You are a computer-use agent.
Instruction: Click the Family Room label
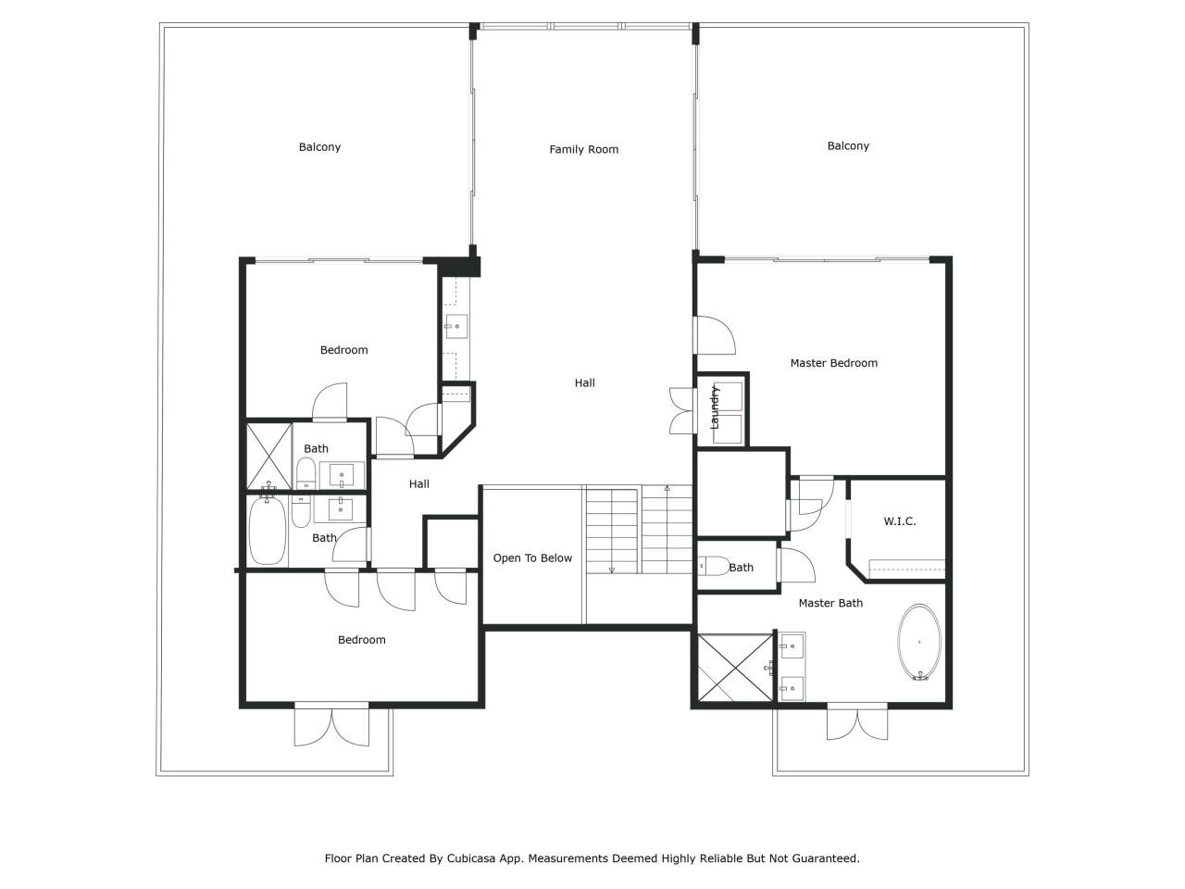583,149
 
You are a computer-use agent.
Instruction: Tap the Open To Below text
532,558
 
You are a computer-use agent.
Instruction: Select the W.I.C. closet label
900,520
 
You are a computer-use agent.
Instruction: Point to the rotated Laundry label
714,407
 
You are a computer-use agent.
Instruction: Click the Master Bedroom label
833,363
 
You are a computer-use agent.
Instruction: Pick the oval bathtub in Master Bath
919,642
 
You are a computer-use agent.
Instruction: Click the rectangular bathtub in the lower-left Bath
268,530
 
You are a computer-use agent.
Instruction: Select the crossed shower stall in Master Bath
735,668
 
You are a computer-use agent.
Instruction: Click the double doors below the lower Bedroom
331,725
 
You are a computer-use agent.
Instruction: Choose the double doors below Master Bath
857,721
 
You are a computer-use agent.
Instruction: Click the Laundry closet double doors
681,411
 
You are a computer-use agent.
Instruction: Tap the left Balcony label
319,147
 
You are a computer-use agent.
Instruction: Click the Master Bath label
830,603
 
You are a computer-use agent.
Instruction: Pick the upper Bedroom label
343,350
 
